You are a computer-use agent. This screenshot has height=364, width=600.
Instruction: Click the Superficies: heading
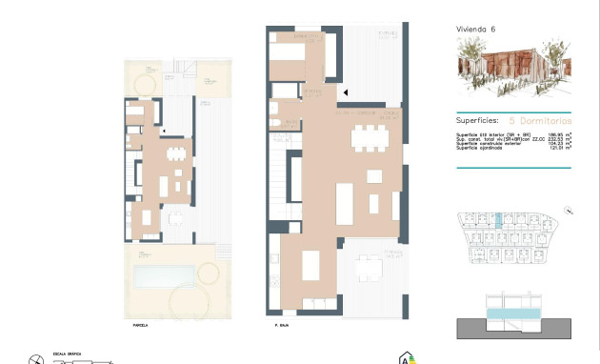(479, 121)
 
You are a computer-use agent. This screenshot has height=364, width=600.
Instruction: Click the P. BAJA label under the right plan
(282, 326)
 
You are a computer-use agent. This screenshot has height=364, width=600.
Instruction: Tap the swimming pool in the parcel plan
(165, 277)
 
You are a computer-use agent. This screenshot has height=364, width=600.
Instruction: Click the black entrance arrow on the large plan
(346, 92)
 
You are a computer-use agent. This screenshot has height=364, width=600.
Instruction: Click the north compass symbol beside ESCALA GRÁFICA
(36, 359)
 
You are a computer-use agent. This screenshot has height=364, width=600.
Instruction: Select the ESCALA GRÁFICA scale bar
(86, 361)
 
